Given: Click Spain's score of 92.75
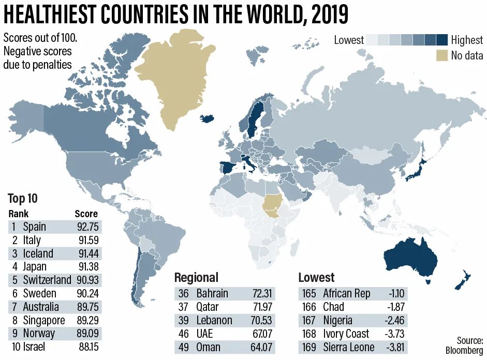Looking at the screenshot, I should pos(86,227).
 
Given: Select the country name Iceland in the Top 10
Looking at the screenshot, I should pos(38,253).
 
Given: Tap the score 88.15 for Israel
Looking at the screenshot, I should pos(86,347).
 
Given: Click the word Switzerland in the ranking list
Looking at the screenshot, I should pos(47,280).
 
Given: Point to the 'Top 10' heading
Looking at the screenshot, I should pos(23,199).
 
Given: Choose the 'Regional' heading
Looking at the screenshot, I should pos(196,277).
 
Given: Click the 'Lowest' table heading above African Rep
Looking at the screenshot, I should pos(316,277).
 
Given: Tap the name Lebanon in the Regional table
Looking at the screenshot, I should pos(214,320).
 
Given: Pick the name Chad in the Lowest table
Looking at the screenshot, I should pos(333,307).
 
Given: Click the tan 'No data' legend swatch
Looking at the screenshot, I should pos(441,55).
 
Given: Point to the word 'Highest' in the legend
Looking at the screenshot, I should pos(467,40).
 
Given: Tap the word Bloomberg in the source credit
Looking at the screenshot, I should pos(464,350).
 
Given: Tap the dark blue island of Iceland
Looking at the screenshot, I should pos(208,118).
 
